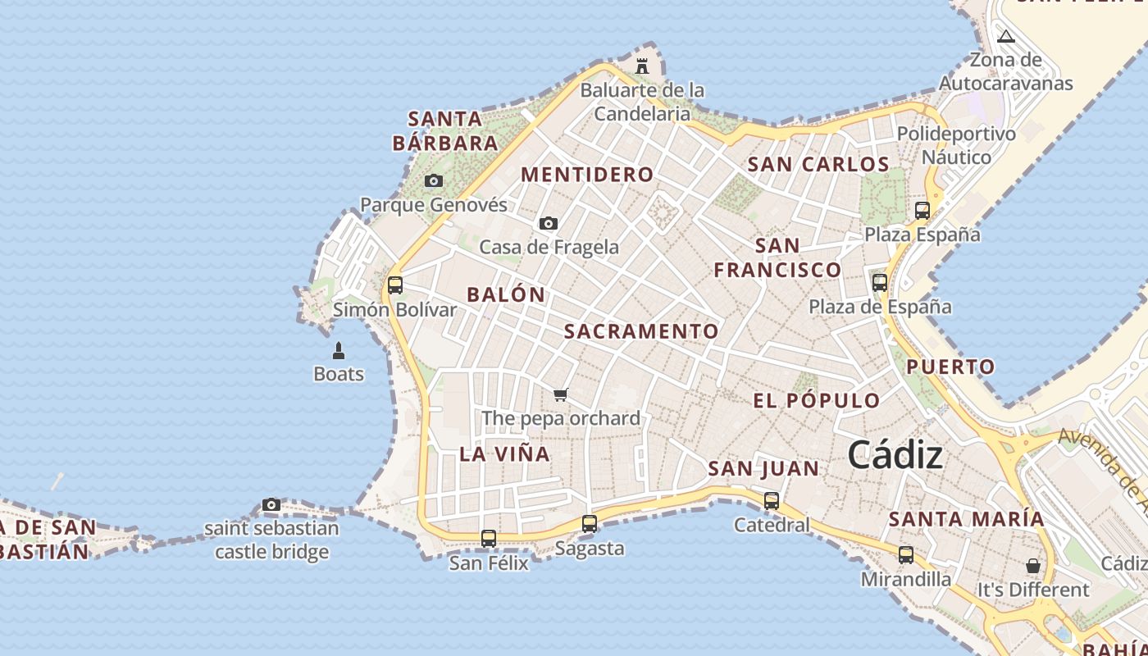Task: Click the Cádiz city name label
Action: pyautogui.click(x=895, y=455)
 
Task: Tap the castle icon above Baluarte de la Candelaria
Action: pyautogui.click(x=642, y=66)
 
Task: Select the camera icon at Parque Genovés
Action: pyautogui.click(x=434, y=181)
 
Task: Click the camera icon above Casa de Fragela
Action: pyautogui.click(x=549, y=223)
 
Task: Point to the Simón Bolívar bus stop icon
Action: pyautogui.click(x=395, y=285)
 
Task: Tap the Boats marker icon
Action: pyautogui.click(x=338, y=351)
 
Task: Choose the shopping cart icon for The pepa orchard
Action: pyautogui.click(x=561, y=395)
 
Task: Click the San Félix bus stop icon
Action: pyautogui.click(x=489, y=539)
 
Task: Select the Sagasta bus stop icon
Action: pyautogui.click(x=590, y=524)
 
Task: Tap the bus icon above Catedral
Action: pyautogui.click(x=772, y=501)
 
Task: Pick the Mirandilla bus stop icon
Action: pyautogui.click(x=906, y=555)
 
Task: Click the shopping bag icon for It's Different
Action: pyautogui.click(x=1033, y=566)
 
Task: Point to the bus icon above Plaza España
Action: pyautogui.click(x=922, y=211)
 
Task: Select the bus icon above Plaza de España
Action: pyautogui.click(x=880, y=283)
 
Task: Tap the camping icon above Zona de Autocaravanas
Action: pyautogui.click(x=1006, y=36)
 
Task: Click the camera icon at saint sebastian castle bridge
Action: pyautogui.click(x=271, y=504)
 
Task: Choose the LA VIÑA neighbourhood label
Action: pyautogui.click(x=504, y=454)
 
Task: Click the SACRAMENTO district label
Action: pyautogui.click(x=641, y=331)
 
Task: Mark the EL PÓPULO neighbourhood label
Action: pyautogui.click(x=817, y=401)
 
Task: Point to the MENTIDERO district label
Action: pyautogui.click(x=587, y=175)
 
